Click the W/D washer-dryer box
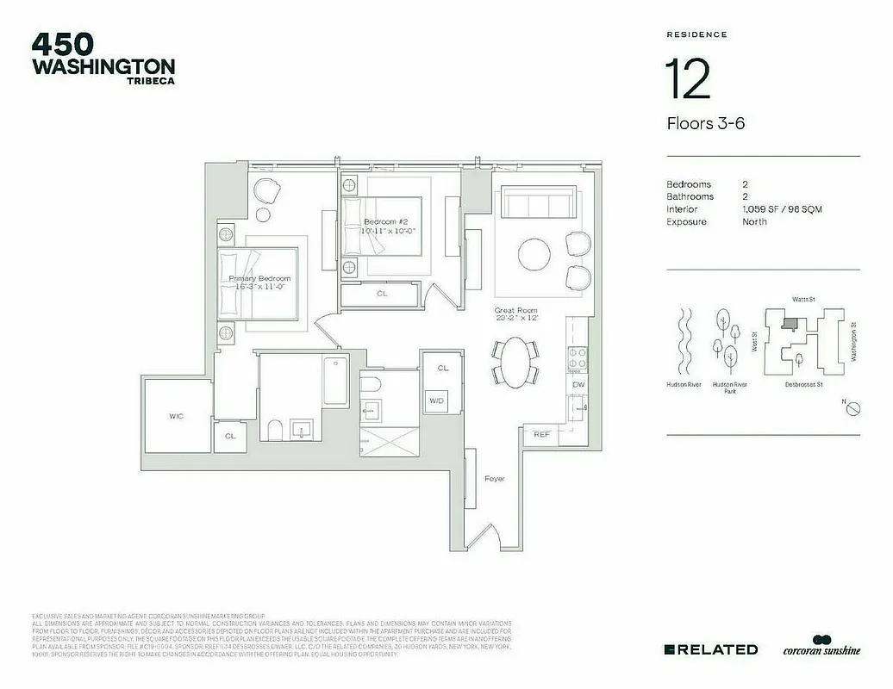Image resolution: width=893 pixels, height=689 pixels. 436,401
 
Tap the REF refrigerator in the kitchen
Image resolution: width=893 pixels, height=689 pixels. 541,435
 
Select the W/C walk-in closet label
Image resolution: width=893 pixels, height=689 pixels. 176,416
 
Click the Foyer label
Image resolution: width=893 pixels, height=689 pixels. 494,478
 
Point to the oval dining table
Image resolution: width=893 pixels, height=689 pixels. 515,361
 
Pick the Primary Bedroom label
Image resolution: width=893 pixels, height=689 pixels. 259,279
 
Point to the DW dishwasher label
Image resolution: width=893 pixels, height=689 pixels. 579,385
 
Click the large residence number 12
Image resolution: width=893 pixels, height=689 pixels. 688,78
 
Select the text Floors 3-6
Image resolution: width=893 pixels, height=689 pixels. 705,123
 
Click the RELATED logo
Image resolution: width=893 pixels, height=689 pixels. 711,649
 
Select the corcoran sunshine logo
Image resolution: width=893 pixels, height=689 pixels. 821,648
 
